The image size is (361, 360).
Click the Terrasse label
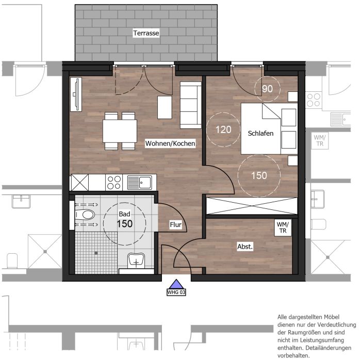pyautogui.click(x=146, y=33)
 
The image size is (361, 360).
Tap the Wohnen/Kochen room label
pyautogui.click(x=170, y=143)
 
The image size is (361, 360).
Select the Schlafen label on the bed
pyautogui.click(x=260, y=133)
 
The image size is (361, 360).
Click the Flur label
pyautogui.click(x=176, y=224)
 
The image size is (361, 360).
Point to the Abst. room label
pyautogui.click(x=245, y=247)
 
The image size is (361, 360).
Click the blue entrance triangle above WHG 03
pyautogui.click(x=176, y=284)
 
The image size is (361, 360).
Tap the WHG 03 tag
pyautogui.click(x=176, y=292)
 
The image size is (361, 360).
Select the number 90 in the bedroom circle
pyautogui.click(x=267, y=89)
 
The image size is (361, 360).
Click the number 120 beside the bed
pyautogui.click(x=223, y=129)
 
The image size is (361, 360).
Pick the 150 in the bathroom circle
pyautogui.click(x=125, y=224)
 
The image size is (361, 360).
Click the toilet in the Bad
pyautogui.click(x=85, y=215)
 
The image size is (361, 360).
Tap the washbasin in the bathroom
pyautogui.click(x=136, y=260)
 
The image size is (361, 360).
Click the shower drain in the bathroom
pyautogui.click(x=96, y=253)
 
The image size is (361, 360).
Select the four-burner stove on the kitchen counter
pyautogui.click(x=114, y=183)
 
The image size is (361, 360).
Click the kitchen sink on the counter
pyautogui.click(x=140, y=183)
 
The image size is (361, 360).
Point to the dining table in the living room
pyautogui.click(x=120, y=131)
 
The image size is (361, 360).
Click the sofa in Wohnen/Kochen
pyautogui.click(x=191, y=105)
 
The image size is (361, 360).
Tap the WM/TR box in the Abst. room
pyautogui.click(x=283, y=227)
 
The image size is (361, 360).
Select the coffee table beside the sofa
pyautogui.click(x=165, y=107)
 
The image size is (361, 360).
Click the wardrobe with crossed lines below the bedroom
pyautogui.click(x=252, y=206)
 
